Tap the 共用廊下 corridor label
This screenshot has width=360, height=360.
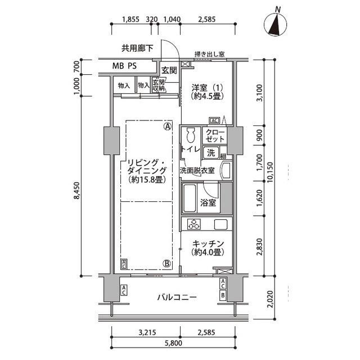pyautogui.click(x=137, y=48)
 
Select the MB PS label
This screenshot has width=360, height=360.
pyautogui.click(x=124, y=66)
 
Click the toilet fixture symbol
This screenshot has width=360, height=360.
pyautogui.click(x=190, y=136)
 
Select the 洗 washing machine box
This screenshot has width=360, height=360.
pyautogui.click(x=211, y=152)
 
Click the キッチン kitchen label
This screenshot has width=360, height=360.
pyautogui.click(x=208, y=248)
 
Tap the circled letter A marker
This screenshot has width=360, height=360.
pyautogui.click(x=167, y=127)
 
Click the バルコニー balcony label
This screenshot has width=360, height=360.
pyautogui.click(x=177, y=298)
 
